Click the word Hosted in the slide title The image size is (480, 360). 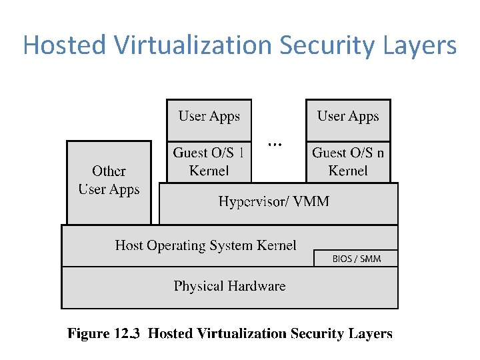(x=63, y=45)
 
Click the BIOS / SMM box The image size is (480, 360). (x=356, y=259)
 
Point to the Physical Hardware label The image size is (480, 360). (x=229, y=286)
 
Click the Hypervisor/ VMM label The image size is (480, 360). (x=273, y=201)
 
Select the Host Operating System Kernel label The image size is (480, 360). (x=205, y=245)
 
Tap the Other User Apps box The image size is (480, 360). (x=109, y=181)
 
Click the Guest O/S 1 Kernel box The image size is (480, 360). (x=209, y=161)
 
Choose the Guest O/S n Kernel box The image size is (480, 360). (x=348, y=161)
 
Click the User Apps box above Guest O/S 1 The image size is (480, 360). (x=209, y=117)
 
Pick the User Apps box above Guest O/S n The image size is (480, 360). (x=348, y=117)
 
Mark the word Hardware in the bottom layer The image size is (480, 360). (x=256, y=286)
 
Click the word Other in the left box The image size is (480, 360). (x=109, y=171)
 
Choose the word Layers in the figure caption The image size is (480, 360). (x=371, y=334)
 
